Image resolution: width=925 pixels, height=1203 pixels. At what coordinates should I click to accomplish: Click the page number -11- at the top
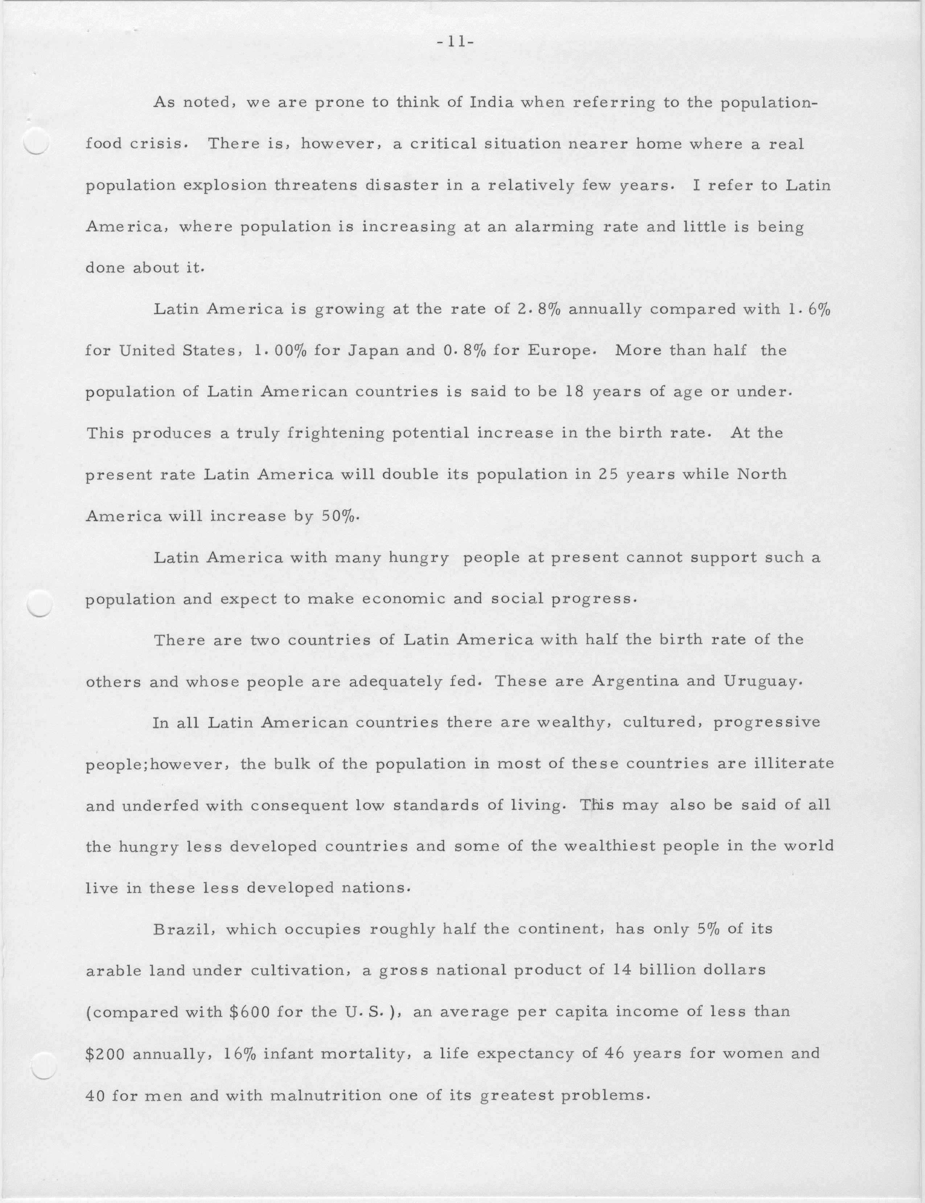(x=455, y=43)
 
